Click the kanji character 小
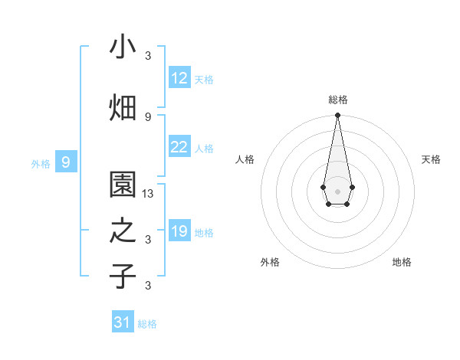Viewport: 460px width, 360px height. coord(123,47)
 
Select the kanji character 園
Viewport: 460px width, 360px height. coord(123,185)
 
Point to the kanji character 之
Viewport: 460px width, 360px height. coord(123,231)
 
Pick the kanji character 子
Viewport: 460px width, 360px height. coord(123,277)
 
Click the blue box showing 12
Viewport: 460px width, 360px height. coord(179,78)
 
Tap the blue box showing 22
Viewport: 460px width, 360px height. coord(179,147)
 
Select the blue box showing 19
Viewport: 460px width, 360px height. coord(179,231)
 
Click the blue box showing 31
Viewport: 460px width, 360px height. coord(123,322)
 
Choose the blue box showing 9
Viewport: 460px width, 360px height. coord(66,162)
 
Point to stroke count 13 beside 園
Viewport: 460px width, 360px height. coord(149,194)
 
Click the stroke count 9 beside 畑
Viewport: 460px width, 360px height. coord(148,116)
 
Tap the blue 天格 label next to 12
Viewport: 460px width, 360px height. coord(204,80)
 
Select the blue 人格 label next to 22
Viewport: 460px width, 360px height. coord(204,149)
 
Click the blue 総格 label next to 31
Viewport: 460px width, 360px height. coord(147,324)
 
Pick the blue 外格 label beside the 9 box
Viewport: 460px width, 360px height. coord(41,163)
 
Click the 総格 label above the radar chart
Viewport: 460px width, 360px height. coord(337,100)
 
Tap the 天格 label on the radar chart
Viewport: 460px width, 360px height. coord(431,159)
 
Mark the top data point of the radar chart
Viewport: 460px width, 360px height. coord(337,116)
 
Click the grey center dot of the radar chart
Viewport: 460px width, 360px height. coord(337,191)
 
